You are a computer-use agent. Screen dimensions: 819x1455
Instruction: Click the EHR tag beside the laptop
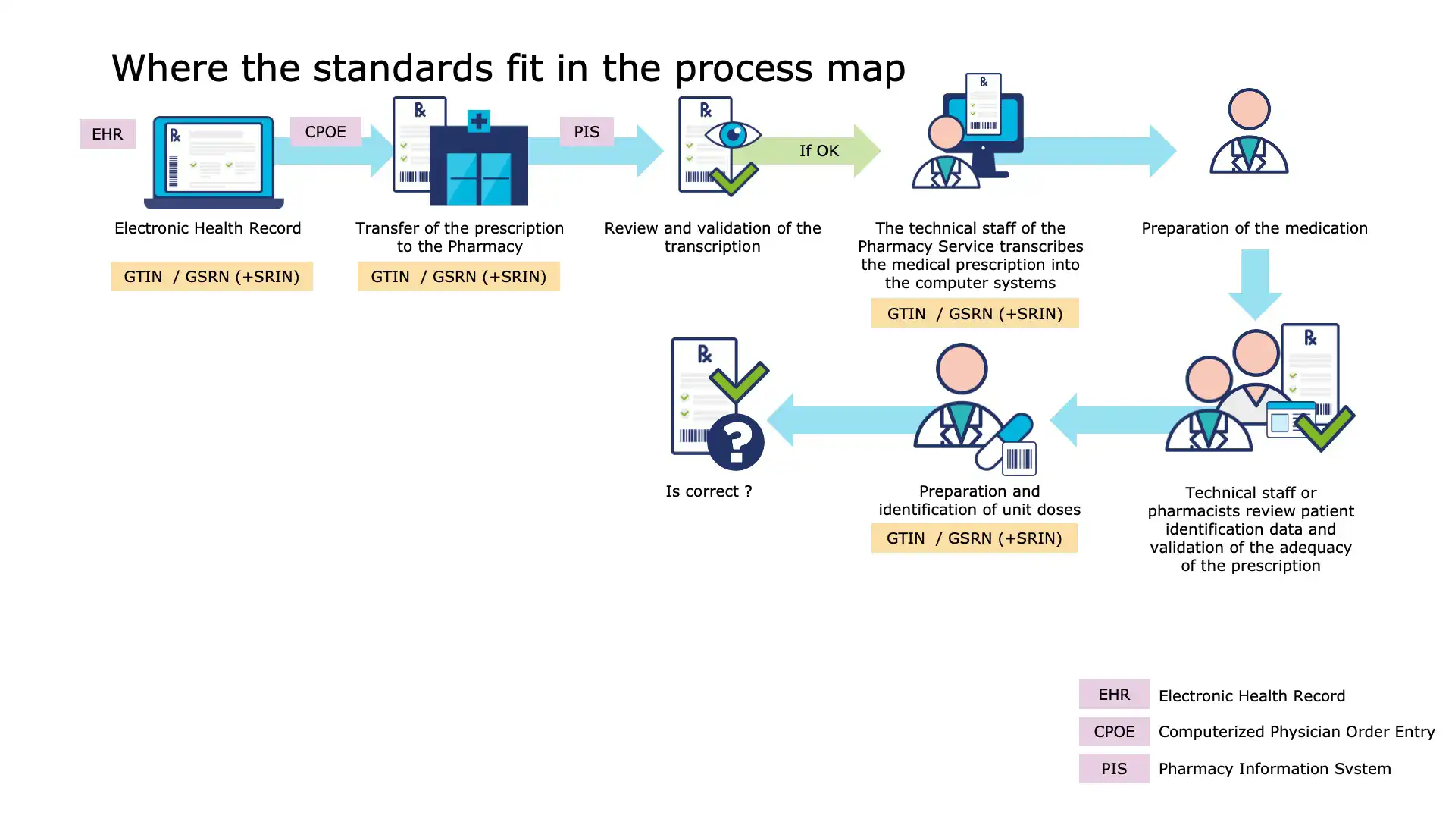click(107, 134)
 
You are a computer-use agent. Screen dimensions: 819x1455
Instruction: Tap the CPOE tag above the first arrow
click(325, 132)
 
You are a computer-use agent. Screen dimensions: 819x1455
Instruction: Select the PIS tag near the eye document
click(586, 132)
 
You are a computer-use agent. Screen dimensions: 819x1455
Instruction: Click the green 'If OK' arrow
click(819, 151)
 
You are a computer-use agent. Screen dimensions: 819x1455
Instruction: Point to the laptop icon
click(214, 162)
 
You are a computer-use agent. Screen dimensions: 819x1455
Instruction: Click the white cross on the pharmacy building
click(478, 121)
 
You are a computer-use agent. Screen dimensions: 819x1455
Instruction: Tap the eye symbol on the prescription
click(732, 136)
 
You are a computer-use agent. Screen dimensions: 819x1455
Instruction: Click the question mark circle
click(735, 442)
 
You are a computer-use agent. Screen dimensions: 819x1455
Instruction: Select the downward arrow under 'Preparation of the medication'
click(1255, 285)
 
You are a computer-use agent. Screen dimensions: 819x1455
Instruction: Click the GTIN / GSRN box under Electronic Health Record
click(211, 277)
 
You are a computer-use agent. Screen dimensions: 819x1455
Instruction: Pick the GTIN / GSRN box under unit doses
click(974, 538)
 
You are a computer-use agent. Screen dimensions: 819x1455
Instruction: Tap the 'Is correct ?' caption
click(709, 491)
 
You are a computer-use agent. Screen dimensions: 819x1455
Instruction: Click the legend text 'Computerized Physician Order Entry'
click(1296, 732)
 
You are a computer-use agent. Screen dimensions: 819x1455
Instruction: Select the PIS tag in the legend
click(1114, 769)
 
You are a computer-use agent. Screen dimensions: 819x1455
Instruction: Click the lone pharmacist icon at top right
click(1249, 133)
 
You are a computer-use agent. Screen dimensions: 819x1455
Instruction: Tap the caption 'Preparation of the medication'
click(1254, 228)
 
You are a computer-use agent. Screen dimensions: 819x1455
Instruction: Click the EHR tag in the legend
click(1114, 695)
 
